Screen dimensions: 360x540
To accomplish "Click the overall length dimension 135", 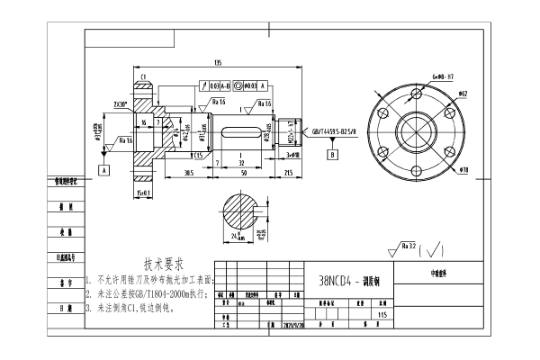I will pyautogui.click(x=217, y=63).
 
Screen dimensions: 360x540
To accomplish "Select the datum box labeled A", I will pyautogui.click(x=104, y=168).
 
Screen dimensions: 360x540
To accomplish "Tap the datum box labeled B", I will pyautogui.click(x=332, y=155).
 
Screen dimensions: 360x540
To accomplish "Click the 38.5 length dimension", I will pyautogui.click(x=189, y=171).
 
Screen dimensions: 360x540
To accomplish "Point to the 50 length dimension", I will pyautogui.click(x=243, y=171).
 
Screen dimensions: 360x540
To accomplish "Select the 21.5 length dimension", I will pyautogui.click(x=288, y=171).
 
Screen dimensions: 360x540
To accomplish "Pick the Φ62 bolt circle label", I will pyautogui.click(x=463, y=93).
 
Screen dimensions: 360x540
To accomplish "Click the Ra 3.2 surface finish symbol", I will pyautogui.click(x=407, y=246).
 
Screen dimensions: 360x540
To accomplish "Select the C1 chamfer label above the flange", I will pyautogui.click(x=143, y=76).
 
